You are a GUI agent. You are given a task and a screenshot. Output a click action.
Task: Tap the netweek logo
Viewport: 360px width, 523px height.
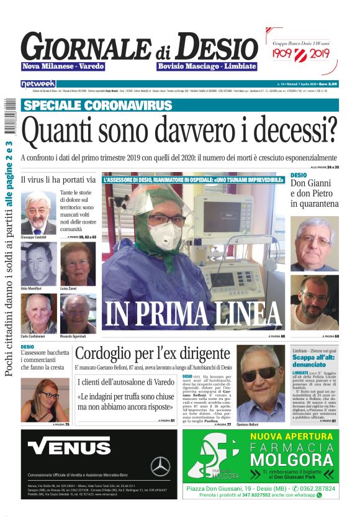click(38, 83)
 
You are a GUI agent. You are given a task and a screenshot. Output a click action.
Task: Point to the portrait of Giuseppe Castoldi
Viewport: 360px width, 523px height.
click(38, 212)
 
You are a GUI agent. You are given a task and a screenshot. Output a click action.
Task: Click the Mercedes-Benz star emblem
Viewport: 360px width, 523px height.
click(160, 466)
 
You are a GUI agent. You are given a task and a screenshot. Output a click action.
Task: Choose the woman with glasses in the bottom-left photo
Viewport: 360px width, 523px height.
click(43, 399)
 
